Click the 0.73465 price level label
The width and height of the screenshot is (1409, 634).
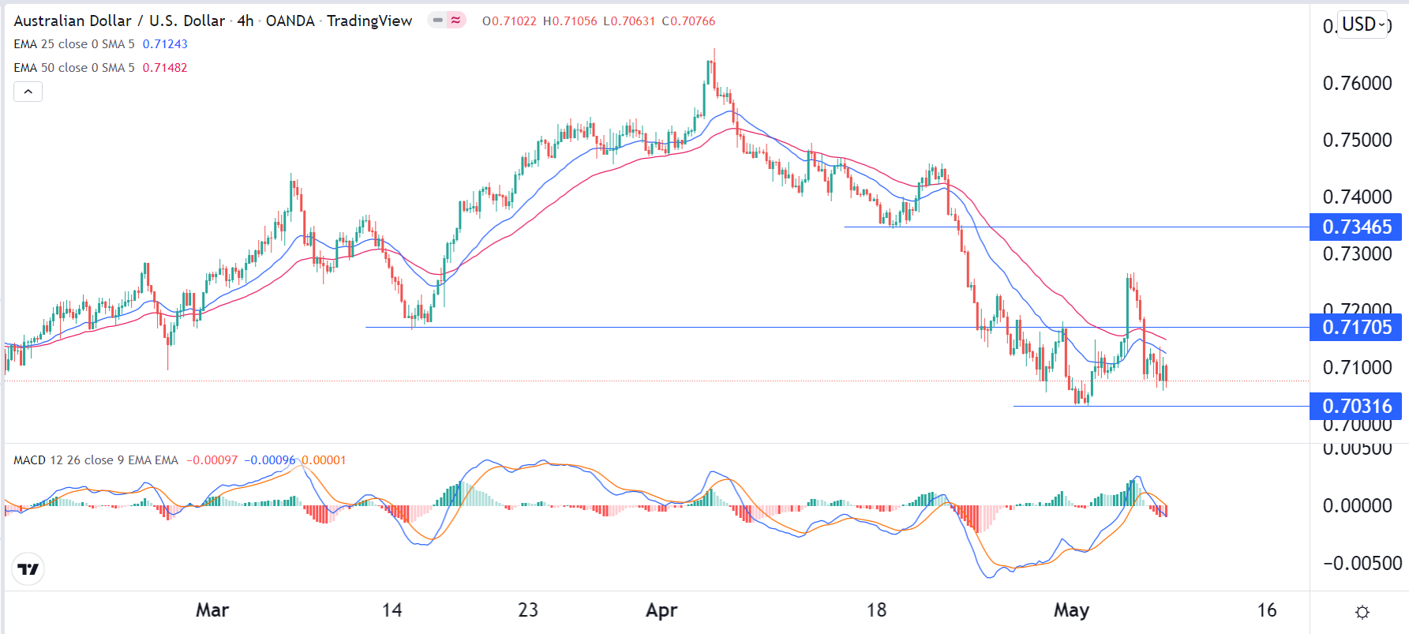1355,227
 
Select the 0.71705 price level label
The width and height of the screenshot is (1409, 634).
1355,327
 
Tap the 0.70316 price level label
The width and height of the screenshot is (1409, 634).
1355,406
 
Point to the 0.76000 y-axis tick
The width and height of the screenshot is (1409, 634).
1357,84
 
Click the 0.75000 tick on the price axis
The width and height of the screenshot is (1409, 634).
1357,141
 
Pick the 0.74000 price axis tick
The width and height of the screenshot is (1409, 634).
1357,197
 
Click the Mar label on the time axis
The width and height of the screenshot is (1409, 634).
212,610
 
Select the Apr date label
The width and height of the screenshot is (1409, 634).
661,610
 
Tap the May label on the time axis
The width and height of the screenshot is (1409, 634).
1071,610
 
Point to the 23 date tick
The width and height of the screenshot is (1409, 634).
528,610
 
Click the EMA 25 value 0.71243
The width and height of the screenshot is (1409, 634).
165,44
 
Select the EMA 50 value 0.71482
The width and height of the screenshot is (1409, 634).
165,68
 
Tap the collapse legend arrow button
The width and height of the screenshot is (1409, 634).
28,92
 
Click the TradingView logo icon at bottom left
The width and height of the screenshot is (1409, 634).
28,568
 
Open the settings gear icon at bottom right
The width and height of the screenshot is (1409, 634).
1362,612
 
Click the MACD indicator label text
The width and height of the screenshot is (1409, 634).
96,460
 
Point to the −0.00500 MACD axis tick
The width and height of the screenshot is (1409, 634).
1362,564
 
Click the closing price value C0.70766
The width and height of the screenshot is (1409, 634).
688,21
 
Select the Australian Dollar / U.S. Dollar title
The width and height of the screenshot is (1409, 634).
119,21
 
